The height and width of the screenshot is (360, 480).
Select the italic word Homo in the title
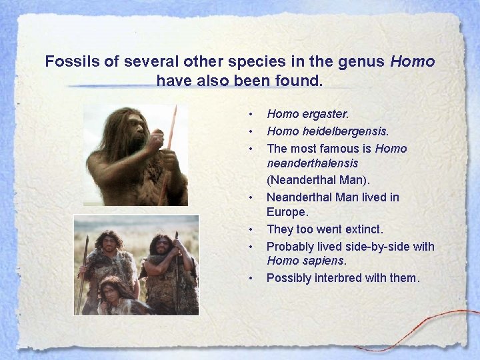(x=413, y=62)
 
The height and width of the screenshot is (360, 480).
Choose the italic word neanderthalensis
(x=312, y=163)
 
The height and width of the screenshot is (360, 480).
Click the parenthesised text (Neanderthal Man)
(x=318, y=180)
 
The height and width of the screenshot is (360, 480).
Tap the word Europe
(x=287, y=213)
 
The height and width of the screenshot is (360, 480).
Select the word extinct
(x=359, y=229)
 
